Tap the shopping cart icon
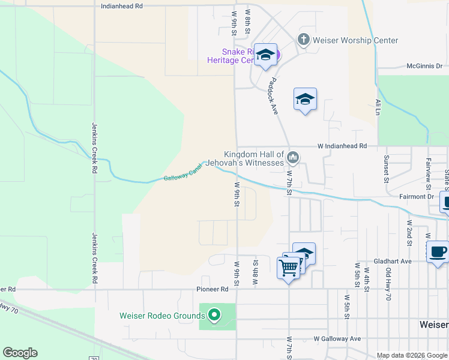(x=289, y=267)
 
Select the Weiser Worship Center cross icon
(x=304, y=40)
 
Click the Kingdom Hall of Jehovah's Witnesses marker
(x=293, y=158)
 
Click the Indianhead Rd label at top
(x=122, y=5)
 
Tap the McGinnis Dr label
(x=424, y=66)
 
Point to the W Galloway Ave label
(x=337, y=338)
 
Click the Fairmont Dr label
(x=417, y=196)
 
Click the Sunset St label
(x=387, y=166)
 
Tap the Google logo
(x=20, y=353)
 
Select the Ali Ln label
(x=378, y=107)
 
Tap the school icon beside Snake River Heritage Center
(x=265, y=55)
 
